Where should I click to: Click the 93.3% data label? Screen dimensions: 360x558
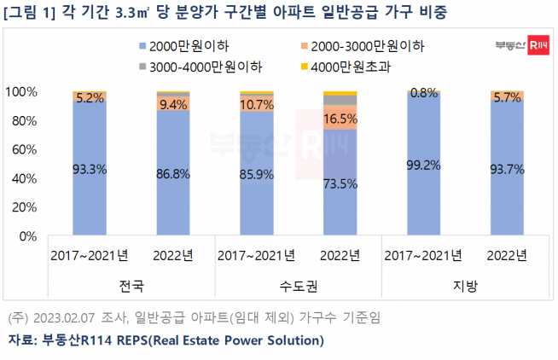[89, 169]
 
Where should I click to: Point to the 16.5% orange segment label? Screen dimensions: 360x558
[339, 118]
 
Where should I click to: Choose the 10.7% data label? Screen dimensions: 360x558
[256, 105]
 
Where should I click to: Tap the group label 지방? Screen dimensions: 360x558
[465, 287]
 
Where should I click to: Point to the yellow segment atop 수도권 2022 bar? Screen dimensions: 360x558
[339, 92]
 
